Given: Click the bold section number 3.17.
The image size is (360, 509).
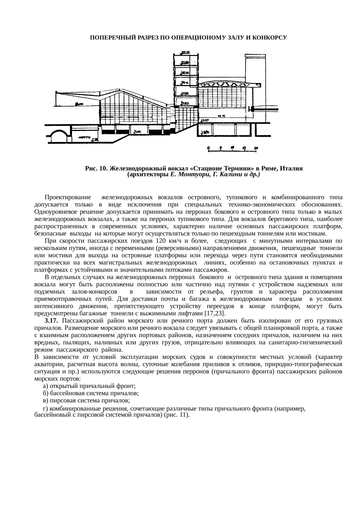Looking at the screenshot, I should (x=52, y=321).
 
